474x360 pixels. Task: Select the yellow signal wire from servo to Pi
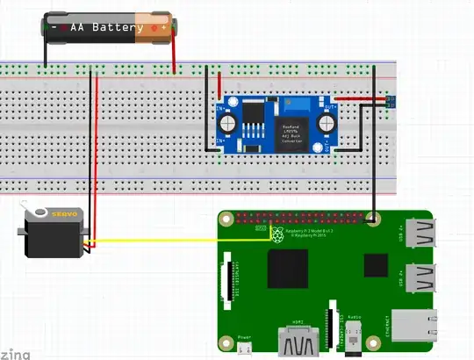[176, 239]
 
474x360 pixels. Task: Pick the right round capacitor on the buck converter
[328, 122]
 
